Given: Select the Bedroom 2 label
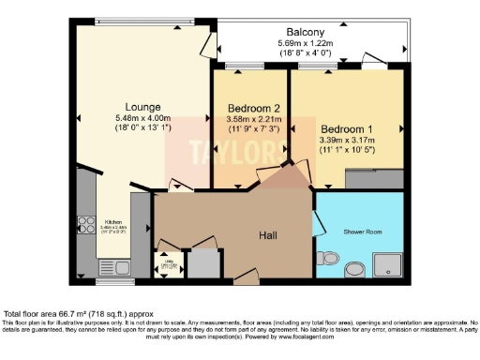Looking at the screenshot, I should pyautogui.click(x=250, y=107).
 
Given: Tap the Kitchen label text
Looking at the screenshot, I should pyautogui.click(x=113, y=222).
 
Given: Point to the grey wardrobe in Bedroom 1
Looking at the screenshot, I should pyautogui.click(x=376, y=177).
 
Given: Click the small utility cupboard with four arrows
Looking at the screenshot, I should pyautogui.click(x=168, y=265).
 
